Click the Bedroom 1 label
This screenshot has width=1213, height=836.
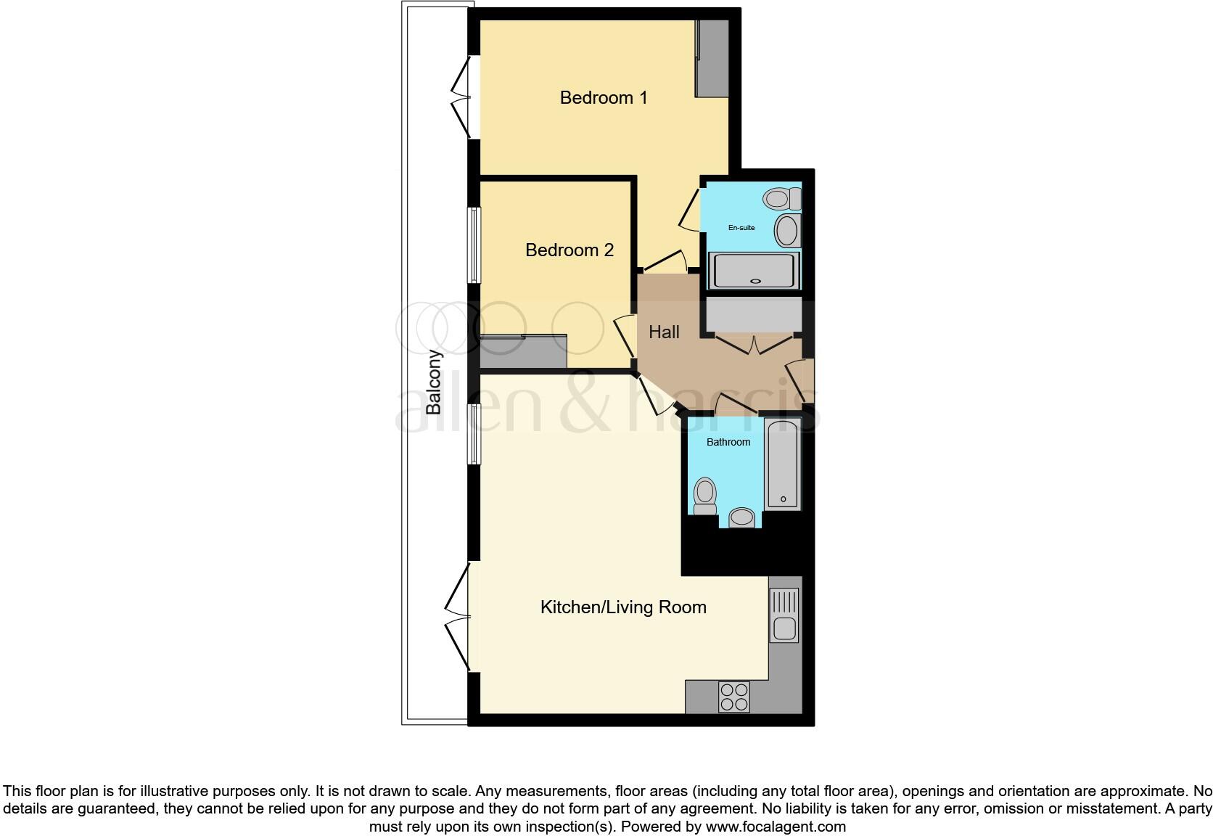(603, 98)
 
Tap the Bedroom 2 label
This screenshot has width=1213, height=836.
(570, 250)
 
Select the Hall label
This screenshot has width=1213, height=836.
(664, 332)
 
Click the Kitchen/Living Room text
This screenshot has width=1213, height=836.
(623, 607)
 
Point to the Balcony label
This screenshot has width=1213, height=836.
(434, 382)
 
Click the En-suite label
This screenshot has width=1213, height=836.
(741, 228)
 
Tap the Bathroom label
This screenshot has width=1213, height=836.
(728, 442)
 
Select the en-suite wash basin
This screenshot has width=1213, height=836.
(788, 231)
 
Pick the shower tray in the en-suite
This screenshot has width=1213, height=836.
(754, 271)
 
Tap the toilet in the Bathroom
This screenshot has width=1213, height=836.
(704, 496)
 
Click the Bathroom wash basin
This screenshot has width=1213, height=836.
(741, 517)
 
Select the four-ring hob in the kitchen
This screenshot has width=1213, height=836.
(733, 697)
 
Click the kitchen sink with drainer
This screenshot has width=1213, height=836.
(784, 616)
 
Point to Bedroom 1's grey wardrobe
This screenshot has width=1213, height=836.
(712, 59)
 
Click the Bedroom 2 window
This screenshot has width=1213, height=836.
(473, 245)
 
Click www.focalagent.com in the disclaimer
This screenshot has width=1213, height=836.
(776, 827)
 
